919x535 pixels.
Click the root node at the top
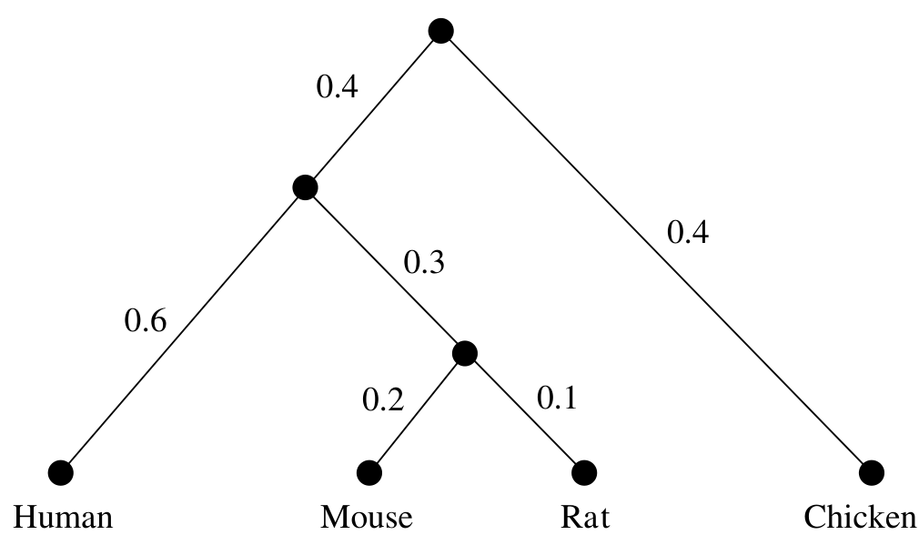pyautogui.click(x=440, y=30)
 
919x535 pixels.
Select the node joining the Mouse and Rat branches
pyautogui.click(x=465, y=353)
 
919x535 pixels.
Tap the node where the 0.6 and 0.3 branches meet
pyautogui.click(x=305, y=187)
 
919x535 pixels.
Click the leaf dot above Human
pyautogui.click(x=60, y=472)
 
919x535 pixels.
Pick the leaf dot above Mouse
pyautogui.click(x=369, y=472)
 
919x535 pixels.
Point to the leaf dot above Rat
pyautogui.click(x=584, y=472)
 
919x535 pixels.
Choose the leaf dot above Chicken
pyautogui.click(x=871, y=472)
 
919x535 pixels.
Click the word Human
pyautogui.click(x=63, y=518)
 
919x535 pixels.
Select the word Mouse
pyautogui.click(x=367, y=518)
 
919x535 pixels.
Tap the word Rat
pyautogui.click(x=585, y=518)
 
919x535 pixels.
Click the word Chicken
pyautogui.click(x=859, y=518)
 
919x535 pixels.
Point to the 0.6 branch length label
pyautogui.click(x=146, y=321)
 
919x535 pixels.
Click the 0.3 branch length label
pyautogui.click(x=424, y=262)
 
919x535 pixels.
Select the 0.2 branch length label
pyautogui.click(x=383, y=399)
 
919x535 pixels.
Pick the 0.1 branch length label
pyautogui.click(x=557, y=398)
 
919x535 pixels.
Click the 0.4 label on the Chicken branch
pyautogui.click(x=688, y=231)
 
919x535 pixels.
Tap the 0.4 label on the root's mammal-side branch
pyautogui.click(x=337, y=86)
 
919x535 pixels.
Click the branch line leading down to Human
pyautogui.click(x=183, y=330)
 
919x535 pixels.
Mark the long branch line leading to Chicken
pyautogui.click(x=656, y=251)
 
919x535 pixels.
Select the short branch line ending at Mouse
pyautogui.click(x=417, y=413)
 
